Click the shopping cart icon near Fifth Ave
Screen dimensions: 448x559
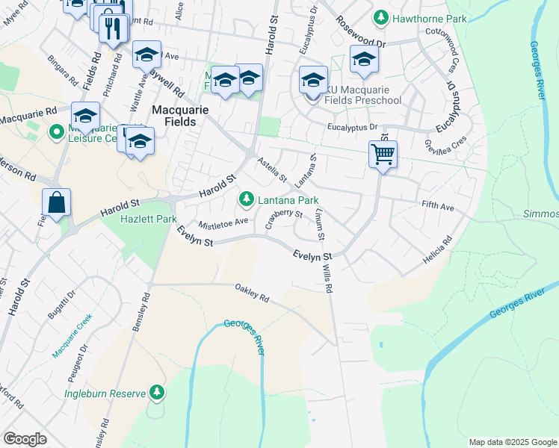point(383,155)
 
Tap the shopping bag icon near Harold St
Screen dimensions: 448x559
point(57,202)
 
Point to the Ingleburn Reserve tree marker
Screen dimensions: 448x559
point(156,391)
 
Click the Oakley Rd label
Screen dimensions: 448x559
point(251,297)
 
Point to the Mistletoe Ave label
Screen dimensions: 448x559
point(223,223)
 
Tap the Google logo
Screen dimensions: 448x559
point(25,438)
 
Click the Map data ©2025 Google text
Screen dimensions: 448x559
point(513,442)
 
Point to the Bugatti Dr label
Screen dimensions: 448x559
point(58,306)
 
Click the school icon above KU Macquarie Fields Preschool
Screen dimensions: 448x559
point(313,80)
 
